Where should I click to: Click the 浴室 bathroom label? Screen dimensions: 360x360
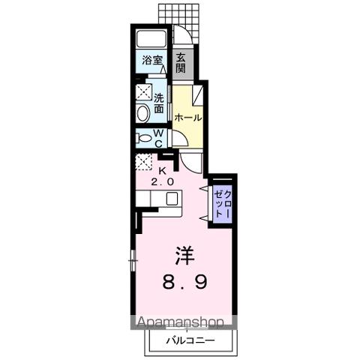click(x=152, y=61)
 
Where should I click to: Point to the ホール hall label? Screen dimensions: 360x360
click(x=187, y=118)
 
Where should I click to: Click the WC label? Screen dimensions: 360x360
click(x=159, y=137)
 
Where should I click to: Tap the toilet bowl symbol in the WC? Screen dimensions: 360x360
click(x=142, y=137)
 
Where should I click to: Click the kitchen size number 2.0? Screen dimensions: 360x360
click(x=163, y=182)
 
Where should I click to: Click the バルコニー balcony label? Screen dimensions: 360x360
click(x=190, y=340)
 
